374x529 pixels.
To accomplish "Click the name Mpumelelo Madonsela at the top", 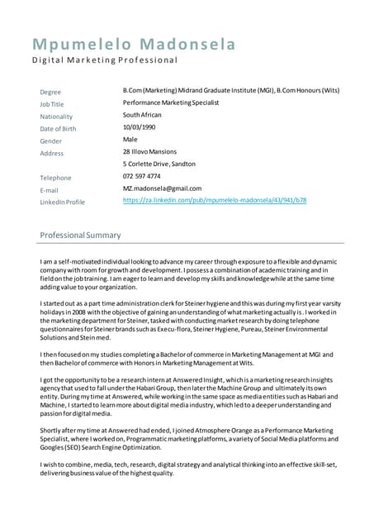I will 134,44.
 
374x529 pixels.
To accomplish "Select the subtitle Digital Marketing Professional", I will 105,60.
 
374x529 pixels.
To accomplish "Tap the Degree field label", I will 50,92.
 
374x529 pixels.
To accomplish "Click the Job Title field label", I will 52,104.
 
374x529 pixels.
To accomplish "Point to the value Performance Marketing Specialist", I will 171,102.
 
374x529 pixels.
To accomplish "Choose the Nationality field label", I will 56,117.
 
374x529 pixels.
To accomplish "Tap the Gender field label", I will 51,141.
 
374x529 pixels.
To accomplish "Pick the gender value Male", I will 130,140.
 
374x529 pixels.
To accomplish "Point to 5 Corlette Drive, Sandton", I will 159,164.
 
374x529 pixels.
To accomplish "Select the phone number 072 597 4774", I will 142,176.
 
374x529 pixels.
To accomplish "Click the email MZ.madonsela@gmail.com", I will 162,188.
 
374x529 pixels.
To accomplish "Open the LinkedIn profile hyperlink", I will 215,200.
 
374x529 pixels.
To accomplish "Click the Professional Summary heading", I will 80,236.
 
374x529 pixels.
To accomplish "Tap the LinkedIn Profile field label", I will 63,202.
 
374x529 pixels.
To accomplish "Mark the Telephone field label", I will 55,178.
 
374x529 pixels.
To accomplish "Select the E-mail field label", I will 50,190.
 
